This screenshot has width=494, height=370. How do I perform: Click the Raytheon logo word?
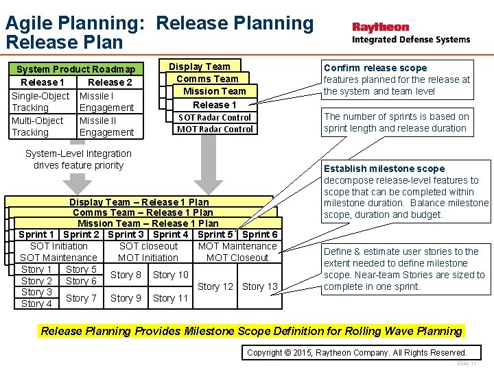pyautogui.click(x=381, y=27)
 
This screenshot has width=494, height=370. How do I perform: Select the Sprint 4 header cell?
pyautogui.click(x=171, y=234)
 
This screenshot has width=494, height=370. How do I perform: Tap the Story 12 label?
pyautogui.click(x=215, y=286)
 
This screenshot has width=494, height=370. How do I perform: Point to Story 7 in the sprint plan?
pyautogui.click(x=81, y=297)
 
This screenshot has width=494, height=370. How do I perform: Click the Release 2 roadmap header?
pyautogui.click(x=110, y=82)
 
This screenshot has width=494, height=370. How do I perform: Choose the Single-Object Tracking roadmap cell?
pyautogui.click(x=40, y=101)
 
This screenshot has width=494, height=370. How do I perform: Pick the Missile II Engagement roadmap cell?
pyautogui.click(x=106, y=126)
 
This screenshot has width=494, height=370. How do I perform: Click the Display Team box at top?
pyautogui.click(x=200, y=66)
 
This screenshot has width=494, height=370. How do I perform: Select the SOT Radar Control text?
pyautogui.click(x=215, y=117)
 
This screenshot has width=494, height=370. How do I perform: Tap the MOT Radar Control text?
pyautogui.click(x=215, y=129)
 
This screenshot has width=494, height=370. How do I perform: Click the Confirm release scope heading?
pyautogui.click(x=375, y=68)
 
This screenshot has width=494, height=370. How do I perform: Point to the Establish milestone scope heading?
pyautogui.click(x=384, y=169)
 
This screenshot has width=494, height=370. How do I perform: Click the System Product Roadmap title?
pyautogui.click(x=75, y=69)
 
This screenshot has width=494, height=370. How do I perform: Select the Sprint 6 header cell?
pyautogui.click(x=260, y=234)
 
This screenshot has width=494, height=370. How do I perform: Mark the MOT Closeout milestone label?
pyautogui.click(x=237, y=258)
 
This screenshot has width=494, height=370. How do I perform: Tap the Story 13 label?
pyautogui.click(x=260, y=286)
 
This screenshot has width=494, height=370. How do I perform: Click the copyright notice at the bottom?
pyautogui.click(x=356, y=352)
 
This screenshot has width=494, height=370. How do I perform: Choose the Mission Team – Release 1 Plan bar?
pyautogui.click(x=148, y=223)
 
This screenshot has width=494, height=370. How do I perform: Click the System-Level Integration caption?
pyautogui.click(x=78, y=159)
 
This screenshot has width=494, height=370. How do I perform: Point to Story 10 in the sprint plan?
pyautogui.click(x=170, y=275)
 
